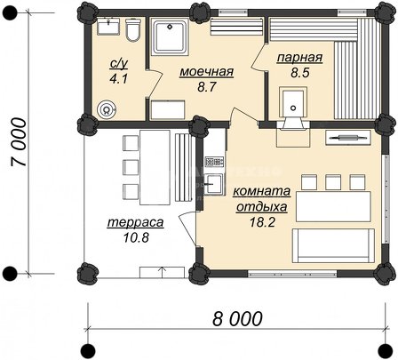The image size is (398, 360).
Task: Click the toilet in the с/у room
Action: (132, 30)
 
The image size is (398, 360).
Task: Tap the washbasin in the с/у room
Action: (108, 27)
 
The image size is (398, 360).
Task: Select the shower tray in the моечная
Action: (170, 36)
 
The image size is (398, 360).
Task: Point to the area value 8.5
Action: (300, 72)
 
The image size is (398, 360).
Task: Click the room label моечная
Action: (207, 72)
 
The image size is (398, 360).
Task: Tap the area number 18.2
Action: (262, 222)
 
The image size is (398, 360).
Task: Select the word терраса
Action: (136, 222)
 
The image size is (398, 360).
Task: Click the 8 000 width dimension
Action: (237, 318)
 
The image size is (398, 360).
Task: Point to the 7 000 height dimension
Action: (18, 142)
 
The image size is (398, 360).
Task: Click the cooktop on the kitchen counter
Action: (214, 162)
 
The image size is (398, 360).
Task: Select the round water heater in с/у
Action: (107, 110)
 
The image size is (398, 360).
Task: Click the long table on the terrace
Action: (155, 167)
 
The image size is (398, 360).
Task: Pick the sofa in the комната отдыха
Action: (333, 245)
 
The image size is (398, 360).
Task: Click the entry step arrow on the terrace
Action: (162, 272)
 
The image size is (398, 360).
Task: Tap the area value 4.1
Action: (118, 79)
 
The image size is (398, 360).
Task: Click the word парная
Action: (299, 57)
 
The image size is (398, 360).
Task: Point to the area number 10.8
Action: (136, 237)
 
